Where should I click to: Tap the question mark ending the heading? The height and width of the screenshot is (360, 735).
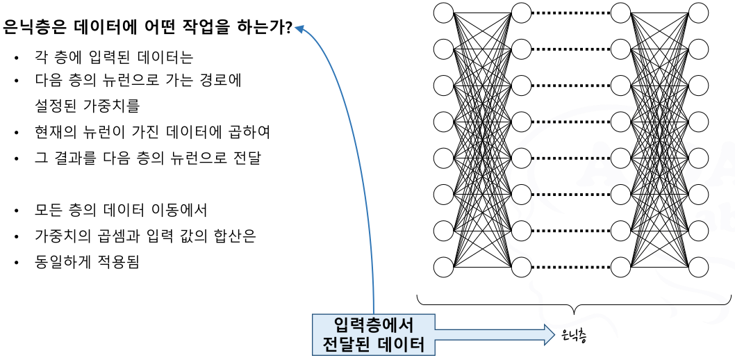coord(288,28)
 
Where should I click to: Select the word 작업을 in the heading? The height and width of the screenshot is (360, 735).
coord(208,28)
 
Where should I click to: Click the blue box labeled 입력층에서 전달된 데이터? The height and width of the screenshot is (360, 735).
coord(373,334)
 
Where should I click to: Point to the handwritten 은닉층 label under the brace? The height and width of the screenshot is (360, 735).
coord(574,336)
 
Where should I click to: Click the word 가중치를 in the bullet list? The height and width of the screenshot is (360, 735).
coord(115,106)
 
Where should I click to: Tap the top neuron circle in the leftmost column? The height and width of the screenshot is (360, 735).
coord(443,13)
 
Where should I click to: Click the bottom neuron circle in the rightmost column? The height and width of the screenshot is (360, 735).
coord(698,266)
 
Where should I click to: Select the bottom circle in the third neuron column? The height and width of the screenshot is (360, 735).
coord(620,266)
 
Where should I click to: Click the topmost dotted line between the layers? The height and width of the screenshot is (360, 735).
coord(570,13)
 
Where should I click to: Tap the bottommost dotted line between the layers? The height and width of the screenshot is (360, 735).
coord(570,266)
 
